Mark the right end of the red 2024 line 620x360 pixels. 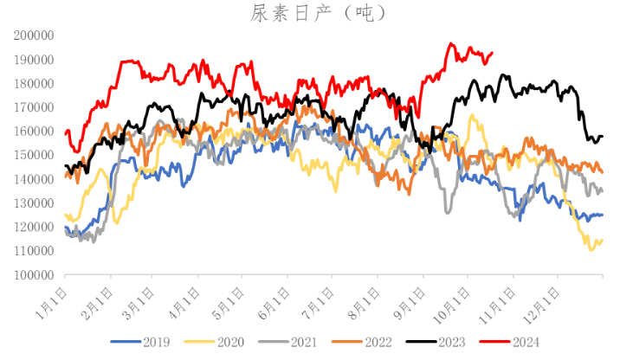coord(492,53)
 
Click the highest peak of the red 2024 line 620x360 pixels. coord(450,43)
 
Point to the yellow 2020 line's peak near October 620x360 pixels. coord(472,115)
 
